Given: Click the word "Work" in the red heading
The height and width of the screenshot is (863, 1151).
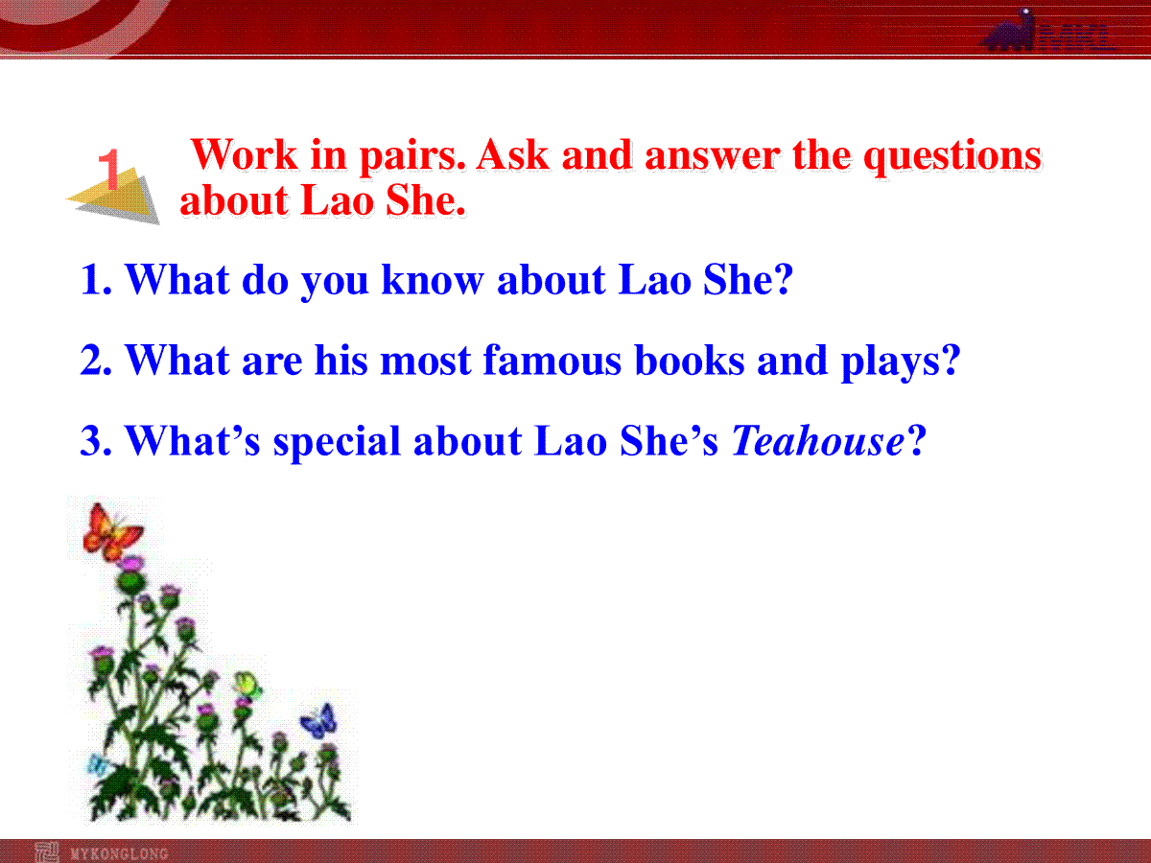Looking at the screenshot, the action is point(245,155).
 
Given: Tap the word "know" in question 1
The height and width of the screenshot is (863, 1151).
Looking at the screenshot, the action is point(432,280).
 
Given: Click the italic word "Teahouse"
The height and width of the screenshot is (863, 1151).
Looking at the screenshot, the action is point(817,441).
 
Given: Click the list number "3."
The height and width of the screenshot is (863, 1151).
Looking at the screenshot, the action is point(96,441).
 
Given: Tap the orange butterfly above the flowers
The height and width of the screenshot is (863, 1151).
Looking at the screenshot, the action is point(111,531).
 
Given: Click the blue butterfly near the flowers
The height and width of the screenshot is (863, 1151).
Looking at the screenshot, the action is point(318,721).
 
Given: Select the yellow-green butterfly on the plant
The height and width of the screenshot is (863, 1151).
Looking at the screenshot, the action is point(247,686).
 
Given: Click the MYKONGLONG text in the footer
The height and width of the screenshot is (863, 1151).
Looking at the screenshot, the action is point(119,853).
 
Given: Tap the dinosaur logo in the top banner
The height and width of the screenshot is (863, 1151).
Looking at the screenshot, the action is point(1009,31).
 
